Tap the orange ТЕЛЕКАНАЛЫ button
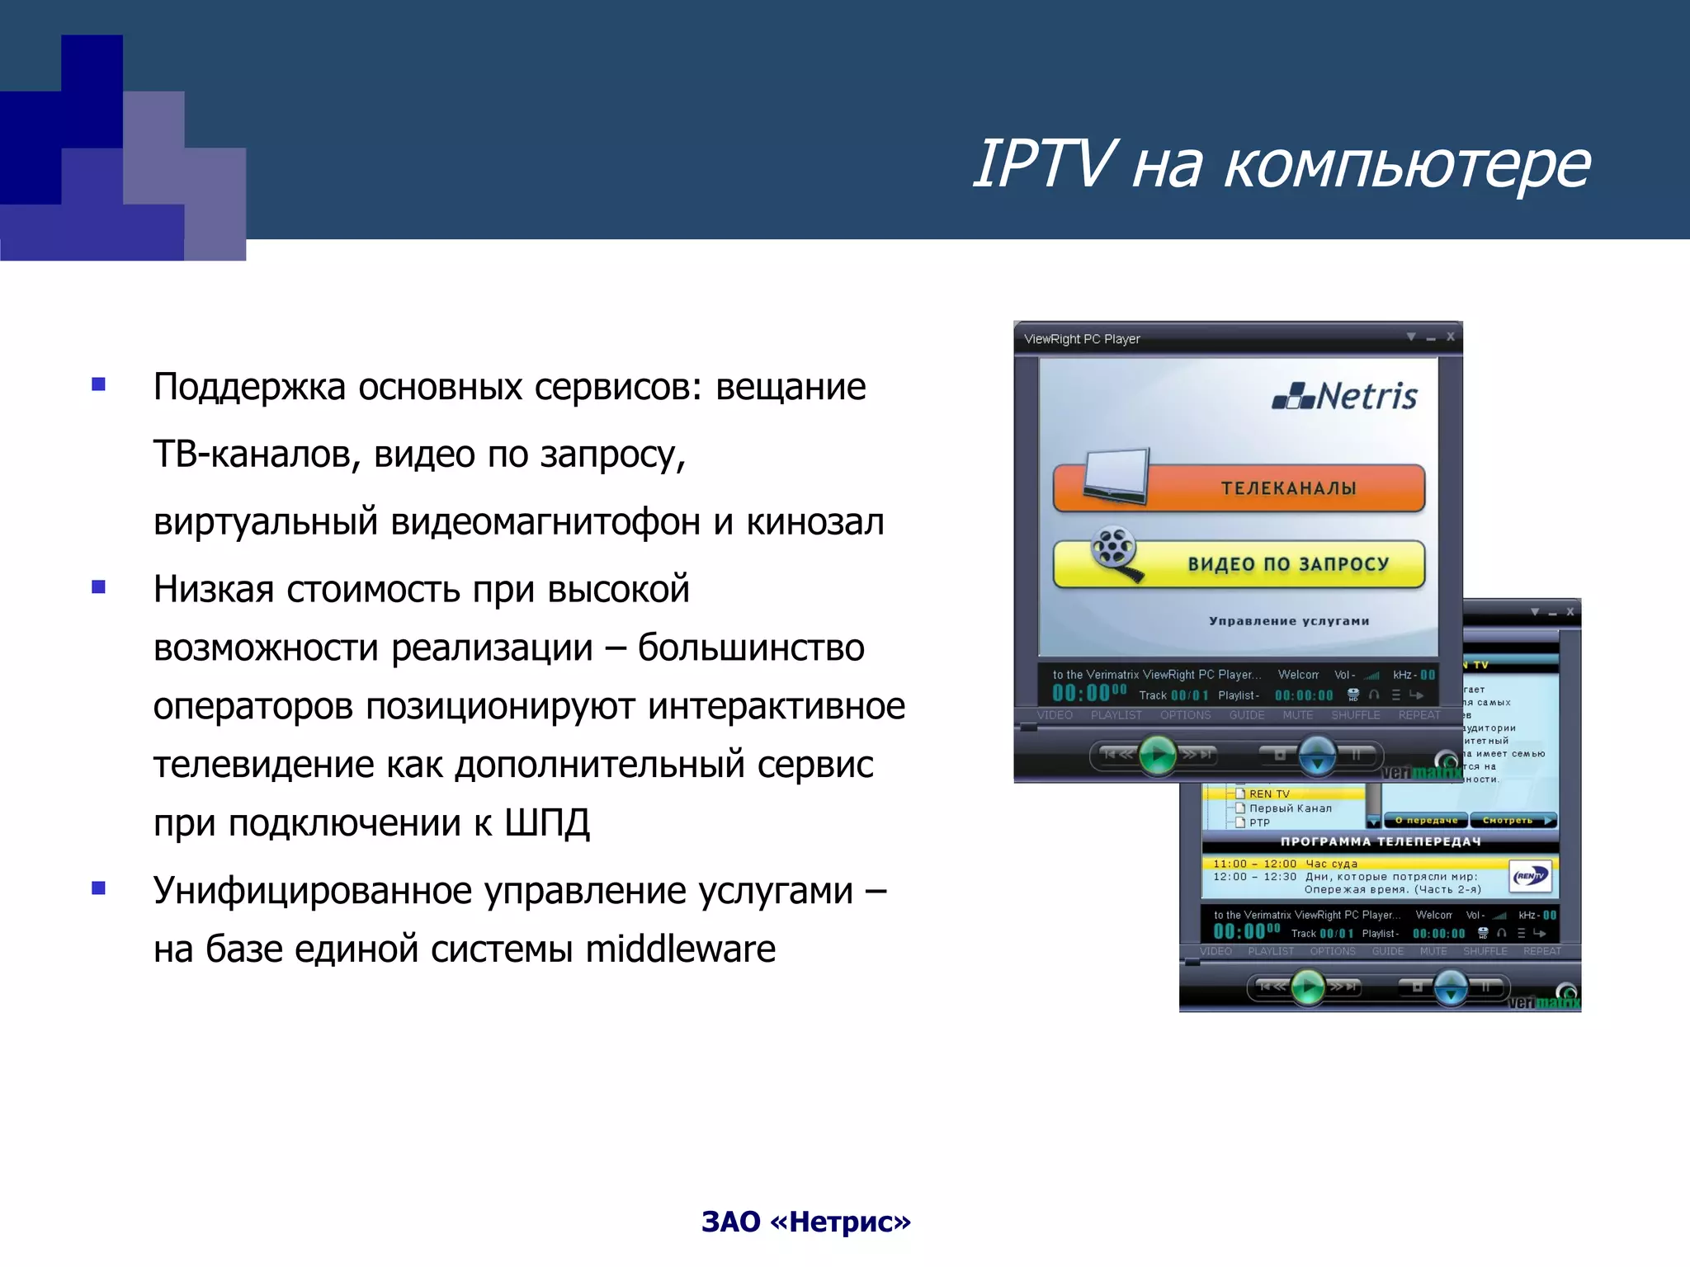(1287, 488)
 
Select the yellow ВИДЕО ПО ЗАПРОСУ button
(1287, 564)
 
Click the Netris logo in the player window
(1345, 397)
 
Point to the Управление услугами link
(1288, 621)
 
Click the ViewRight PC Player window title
(1081, 339)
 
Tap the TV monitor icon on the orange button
(1116, 476)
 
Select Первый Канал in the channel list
(1290, 808)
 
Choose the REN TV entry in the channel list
(1268, 794)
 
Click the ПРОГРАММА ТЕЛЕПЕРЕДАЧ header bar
(1380, 841)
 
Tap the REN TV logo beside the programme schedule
(1530, 876)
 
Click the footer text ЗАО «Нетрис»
(805, 1222)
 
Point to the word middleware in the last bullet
(680, 949)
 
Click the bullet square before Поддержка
(99, 384)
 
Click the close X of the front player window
(1450, 337)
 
